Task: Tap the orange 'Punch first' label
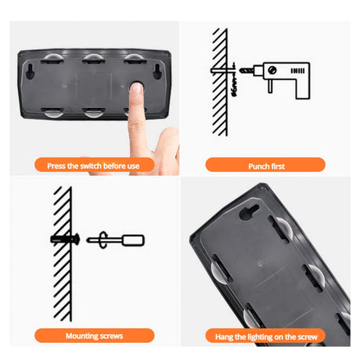265,164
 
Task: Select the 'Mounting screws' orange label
94,336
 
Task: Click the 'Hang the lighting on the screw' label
265,336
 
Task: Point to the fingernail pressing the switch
136,88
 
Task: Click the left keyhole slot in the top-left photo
31,71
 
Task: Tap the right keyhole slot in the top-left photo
157,71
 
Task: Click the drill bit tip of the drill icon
241,70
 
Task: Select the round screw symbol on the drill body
272,70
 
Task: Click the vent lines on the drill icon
297,70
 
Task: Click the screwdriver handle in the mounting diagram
133,240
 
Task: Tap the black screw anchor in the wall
65,239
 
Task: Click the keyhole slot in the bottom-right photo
249,211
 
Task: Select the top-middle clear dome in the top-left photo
93,58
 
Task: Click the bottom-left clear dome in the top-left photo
53,113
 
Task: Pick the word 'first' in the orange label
278,166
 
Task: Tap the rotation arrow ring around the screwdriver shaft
103,240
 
